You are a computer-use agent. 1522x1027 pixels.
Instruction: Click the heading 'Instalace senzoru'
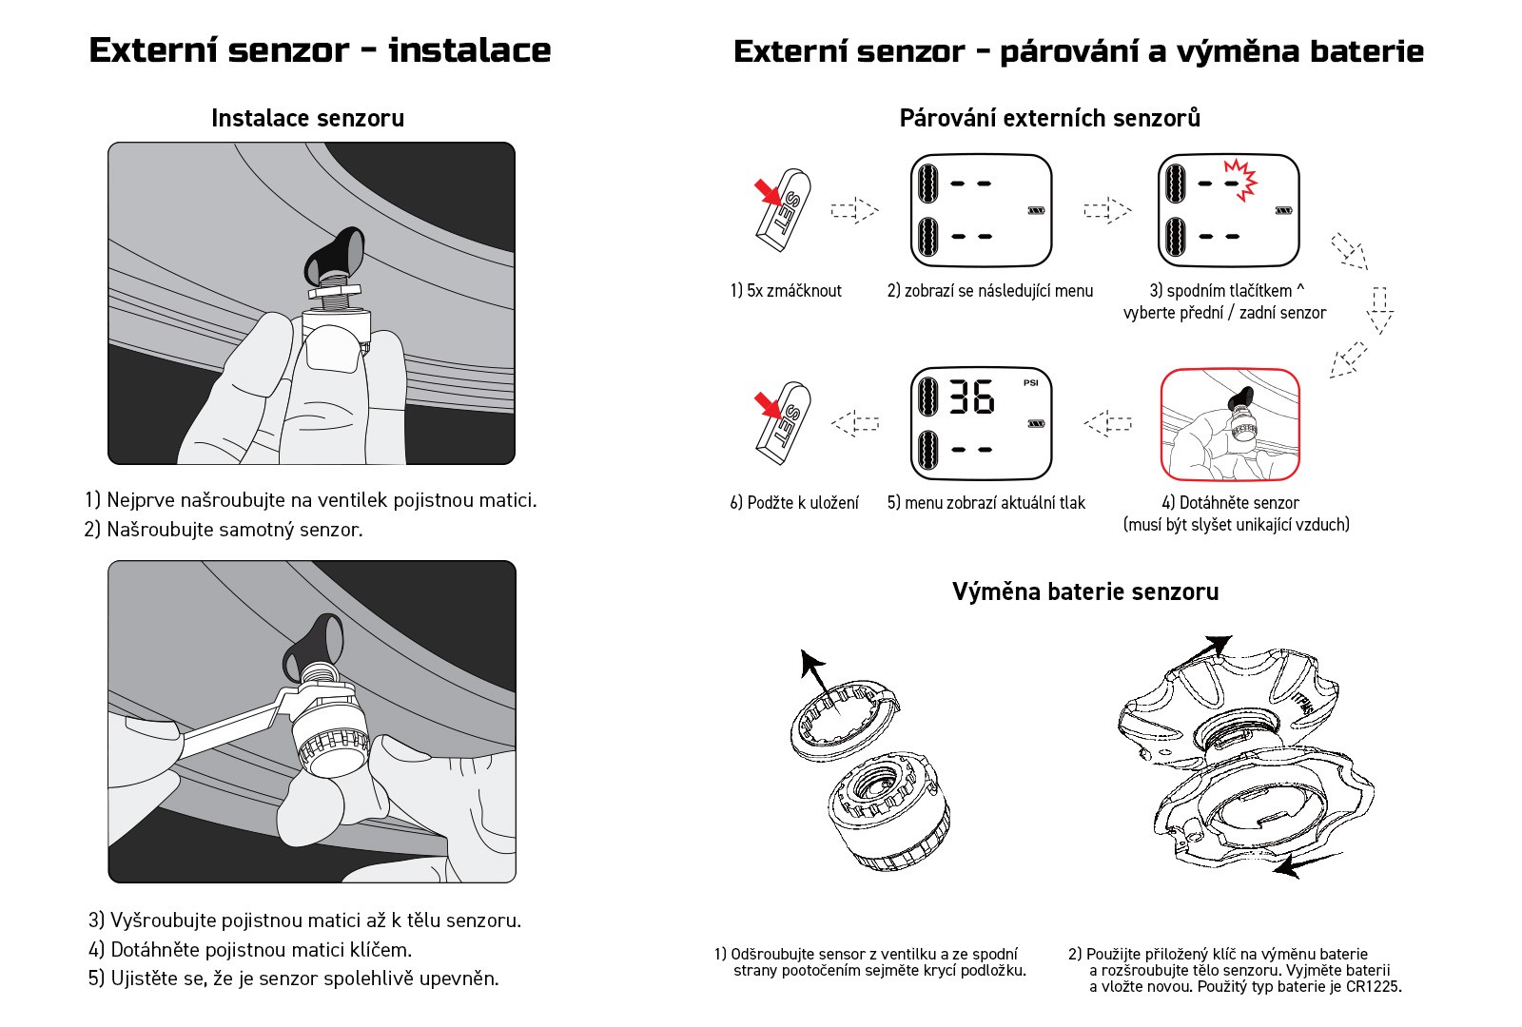(307, 119)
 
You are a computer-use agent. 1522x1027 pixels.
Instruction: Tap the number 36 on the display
(971, 397)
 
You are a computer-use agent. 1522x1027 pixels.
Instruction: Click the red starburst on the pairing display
(1240, 179)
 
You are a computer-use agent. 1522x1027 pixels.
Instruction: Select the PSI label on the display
(1031, 383)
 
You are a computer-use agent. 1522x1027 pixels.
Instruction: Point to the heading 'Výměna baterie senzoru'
(1085, 591)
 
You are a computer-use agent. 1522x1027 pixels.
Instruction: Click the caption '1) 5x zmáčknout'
(786, 291)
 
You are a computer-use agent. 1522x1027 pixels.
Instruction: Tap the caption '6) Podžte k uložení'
(794, 503)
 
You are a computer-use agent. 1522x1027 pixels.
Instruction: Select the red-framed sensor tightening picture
(1230, 424)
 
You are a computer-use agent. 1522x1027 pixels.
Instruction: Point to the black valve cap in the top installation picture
(334, 254)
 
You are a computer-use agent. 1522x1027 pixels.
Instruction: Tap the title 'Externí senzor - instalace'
(320, 50)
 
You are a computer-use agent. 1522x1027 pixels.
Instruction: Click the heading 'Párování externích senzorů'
(1049, 119)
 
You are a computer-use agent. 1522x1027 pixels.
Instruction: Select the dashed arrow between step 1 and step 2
(854, 210)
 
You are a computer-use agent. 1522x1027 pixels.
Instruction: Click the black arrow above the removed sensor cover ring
(811, 671)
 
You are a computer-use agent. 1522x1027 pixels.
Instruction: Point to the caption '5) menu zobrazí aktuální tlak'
(985, 503)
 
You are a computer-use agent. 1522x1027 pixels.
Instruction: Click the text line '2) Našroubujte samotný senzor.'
(224, 530)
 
